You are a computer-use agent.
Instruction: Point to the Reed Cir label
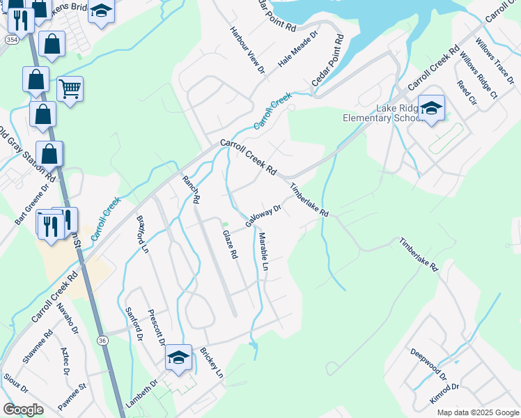coord(467,93)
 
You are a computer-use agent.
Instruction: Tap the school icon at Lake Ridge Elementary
coord(432,108)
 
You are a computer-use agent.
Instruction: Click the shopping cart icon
coord(70,89)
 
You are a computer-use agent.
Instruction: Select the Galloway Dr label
coord(263,215)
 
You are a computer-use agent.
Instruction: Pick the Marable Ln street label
coord(264,252)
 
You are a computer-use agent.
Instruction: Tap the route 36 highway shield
coord(102,340)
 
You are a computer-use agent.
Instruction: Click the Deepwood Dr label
coord(428,364)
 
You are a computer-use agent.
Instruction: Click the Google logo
coord(24,410)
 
